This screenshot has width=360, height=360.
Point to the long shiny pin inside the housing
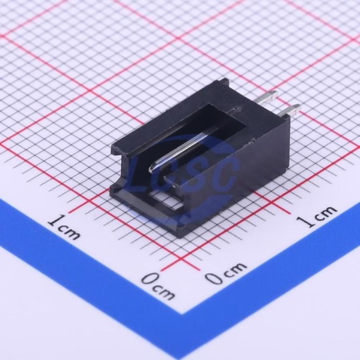[x=184, y=149]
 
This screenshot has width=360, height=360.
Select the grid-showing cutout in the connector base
[x=166, y=200]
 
